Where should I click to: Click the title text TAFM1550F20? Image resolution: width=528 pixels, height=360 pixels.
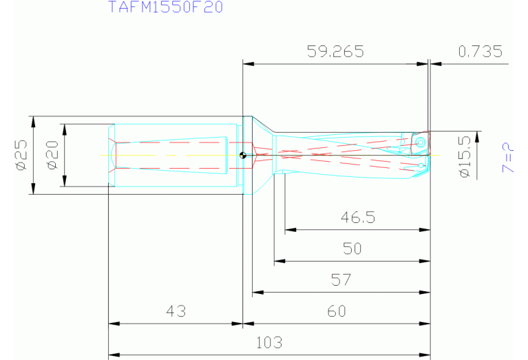click(165, 8)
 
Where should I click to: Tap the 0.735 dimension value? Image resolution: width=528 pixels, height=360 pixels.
click(480, 52)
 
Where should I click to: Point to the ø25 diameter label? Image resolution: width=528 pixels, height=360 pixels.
click(20, 155)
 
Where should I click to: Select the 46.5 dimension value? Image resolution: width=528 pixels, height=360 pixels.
click(357, 218)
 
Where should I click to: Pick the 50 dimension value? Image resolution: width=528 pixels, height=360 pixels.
click(352, 248)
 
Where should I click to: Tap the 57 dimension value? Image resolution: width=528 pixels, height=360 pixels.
click(341, 280)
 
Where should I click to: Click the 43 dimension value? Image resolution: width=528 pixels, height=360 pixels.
click(176, 311)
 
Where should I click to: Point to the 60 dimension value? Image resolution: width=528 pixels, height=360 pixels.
click(336, 311)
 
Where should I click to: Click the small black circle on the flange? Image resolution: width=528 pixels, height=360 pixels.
click(242, 155)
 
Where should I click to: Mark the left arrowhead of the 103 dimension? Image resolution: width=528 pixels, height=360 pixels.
click(112, 355)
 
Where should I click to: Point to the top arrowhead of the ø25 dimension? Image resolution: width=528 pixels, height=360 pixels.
click(32, 119)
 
